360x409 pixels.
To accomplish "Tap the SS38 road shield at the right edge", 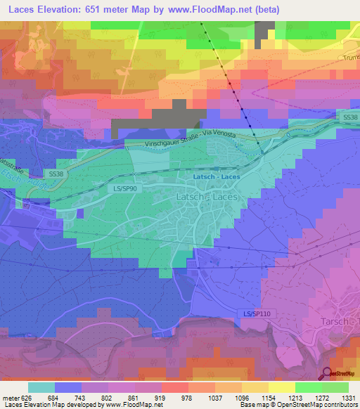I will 349,116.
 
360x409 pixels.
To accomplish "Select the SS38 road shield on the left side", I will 56,173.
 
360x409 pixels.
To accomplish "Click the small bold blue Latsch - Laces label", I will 217,176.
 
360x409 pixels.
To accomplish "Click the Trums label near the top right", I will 351,58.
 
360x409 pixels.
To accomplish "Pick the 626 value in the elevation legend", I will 25,397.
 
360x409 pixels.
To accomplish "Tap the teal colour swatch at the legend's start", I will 41,387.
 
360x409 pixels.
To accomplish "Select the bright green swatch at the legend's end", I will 335,387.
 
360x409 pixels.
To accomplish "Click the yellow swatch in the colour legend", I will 282,387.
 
